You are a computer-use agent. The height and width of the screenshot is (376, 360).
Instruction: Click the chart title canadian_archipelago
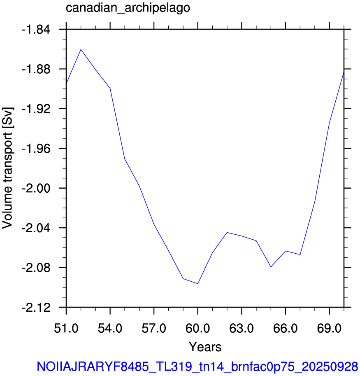point(128,8)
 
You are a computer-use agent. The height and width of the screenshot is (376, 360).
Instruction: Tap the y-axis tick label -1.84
point(36,30)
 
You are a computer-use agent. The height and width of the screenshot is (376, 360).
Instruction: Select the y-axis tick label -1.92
point(36,109)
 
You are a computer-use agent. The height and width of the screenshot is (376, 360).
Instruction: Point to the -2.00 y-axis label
point(36,189)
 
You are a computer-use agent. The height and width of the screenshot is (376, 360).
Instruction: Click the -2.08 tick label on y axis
point(36,268)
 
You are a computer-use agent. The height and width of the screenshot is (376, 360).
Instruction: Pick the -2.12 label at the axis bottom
point(36,308)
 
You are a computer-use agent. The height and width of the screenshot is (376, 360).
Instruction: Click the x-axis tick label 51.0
point(66,328)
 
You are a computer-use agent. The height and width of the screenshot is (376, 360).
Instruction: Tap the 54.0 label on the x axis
point(110,328)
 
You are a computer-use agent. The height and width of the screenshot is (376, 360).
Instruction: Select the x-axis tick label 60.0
point(197,328)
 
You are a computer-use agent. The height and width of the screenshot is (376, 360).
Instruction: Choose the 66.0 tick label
point(285,328)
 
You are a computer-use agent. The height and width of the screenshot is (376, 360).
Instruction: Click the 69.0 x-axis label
point(329,328)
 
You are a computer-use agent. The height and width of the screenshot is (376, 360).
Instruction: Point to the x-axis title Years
point(205,347)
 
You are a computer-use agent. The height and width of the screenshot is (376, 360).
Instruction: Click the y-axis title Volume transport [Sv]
point(7,168)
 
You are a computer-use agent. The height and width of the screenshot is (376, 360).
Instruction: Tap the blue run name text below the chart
point(197,367)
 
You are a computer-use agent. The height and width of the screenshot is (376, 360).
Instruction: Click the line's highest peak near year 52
point(81,49)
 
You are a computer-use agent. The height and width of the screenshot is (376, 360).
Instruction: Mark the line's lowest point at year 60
point(197,284)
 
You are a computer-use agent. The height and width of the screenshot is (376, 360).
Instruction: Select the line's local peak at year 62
point(227,232)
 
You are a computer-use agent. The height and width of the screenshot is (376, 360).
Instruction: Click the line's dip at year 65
point(271,267)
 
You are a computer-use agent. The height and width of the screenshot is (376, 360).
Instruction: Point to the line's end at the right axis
point(344,72)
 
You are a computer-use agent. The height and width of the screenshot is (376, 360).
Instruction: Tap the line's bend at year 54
point(110,88)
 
